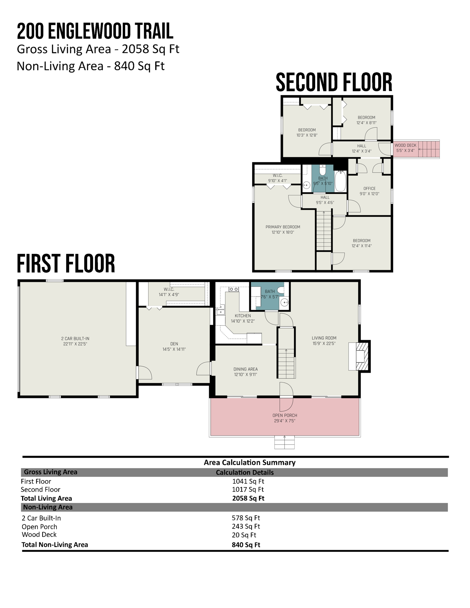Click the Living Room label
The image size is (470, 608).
click(324, 338)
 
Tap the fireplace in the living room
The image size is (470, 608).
click(360, 356)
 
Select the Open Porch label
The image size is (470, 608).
click(285, 415)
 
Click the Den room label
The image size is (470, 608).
click(174, 344)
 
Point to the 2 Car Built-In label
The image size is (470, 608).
click(75, 338)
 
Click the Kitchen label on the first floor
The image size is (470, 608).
click(243, 316)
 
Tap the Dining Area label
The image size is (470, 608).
click(246, 369)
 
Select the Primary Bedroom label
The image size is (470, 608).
click(283, 227)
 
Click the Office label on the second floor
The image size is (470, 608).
click(370, 188)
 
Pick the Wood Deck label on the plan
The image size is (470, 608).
click(405, 145)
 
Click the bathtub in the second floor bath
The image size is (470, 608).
click(340, 181)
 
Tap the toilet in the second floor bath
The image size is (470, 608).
click(323, 170)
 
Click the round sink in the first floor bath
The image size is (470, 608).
click(284, 302)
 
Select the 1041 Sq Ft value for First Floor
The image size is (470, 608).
click(248, 481)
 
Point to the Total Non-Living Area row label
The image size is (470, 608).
click(55, 545)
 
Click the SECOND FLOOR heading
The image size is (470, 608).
click(334, 82)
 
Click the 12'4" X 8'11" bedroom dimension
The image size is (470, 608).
click(366, 123)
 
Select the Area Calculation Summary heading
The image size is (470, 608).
click(250, 462)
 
